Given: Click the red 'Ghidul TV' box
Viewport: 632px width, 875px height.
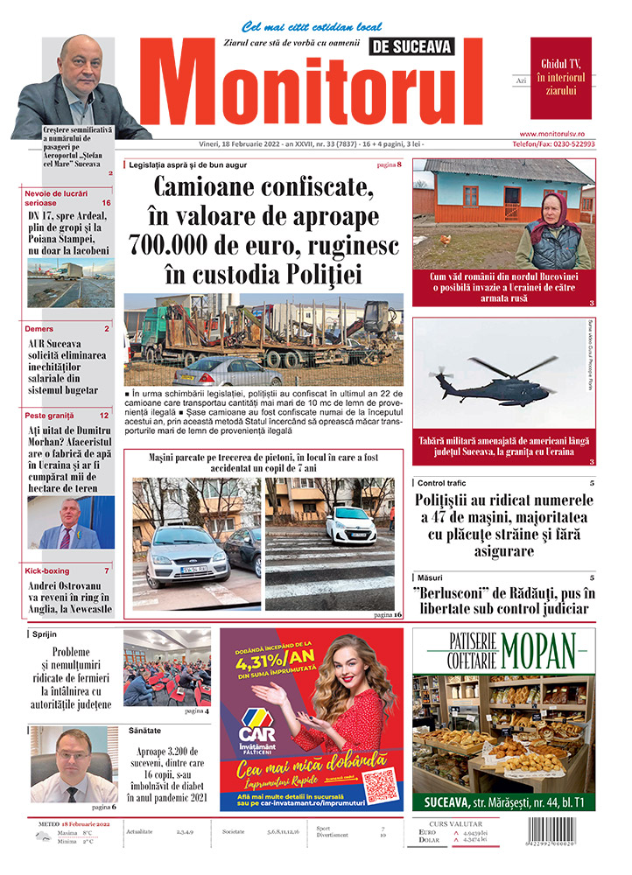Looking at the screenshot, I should coord(560,78).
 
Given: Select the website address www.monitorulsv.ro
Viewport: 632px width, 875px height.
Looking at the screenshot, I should coord(563,133).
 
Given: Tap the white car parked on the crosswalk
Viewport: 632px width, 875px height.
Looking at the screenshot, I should coord(350,526).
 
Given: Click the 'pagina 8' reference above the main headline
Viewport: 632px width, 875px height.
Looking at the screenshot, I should coord(389,164).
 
